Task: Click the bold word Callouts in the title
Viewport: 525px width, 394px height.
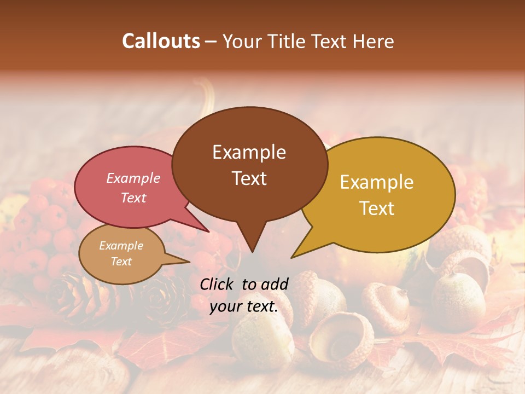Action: click(161, 41)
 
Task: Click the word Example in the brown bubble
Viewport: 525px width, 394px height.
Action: click(249, 152)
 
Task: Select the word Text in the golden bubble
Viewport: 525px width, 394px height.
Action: click(377, 208)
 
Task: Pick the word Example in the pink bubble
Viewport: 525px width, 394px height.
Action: click(133, 178)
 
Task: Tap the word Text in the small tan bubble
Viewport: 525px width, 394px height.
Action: click(121, 262)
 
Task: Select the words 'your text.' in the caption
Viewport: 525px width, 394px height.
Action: click(243, 306)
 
